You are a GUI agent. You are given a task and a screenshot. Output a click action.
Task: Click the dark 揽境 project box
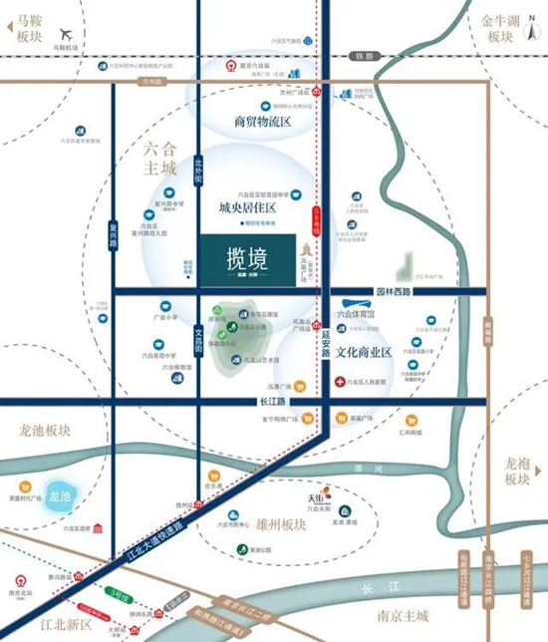pos(246,261)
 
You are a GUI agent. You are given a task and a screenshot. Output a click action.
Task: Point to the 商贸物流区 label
pos(261,122)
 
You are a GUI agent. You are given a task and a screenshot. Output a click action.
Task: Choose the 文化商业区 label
pos(377,351)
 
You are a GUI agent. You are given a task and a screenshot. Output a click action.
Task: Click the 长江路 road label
pos(272,401)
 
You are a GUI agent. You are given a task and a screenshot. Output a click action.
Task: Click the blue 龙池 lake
pos(58,495)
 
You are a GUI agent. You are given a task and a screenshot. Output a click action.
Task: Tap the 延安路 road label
pos(325,348)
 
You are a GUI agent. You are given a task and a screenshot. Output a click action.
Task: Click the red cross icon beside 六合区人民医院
pos(341,382)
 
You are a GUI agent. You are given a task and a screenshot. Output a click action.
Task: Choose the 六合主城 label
pos(158,158)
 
